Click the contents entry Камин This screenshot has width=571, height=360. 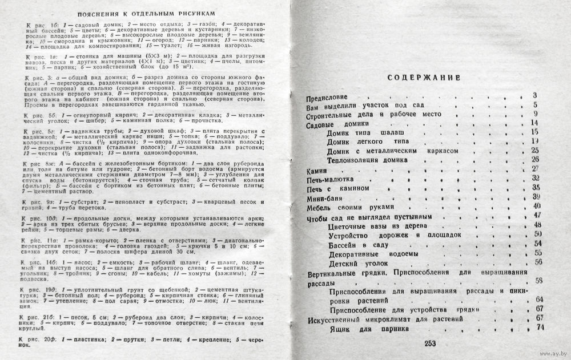(x=317, y=169)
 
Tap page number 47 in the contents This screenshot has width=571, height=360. (x=536, y=215)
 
